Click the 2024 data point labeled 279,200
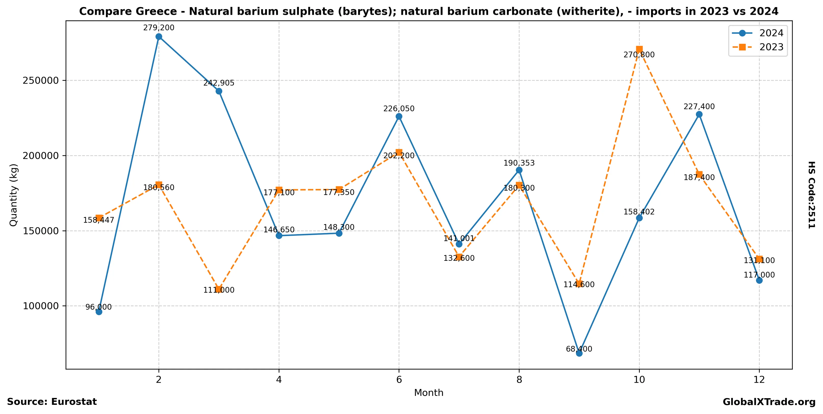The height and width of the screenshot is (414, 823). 159,37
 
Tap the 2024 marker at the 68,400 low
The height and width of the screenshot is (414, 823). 579,353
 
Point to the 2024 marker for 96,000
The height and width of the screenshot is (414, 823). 99,312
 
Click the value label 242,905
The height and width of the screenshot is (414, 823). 219,83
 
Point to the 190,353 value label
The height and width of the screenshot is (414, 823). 519,163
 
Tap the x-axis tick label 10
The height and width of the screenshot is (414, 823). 639,380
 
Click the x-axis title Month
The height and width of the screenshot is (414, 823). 428,393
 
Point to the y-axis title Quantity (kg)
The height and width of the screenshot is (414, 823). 14,195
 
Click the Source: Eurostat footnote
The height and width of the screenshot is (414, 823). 52,402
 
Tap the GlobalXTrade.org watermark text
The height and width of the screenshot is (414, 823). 769,402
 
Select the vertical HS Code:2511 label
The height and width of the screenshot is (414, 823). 811,195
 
